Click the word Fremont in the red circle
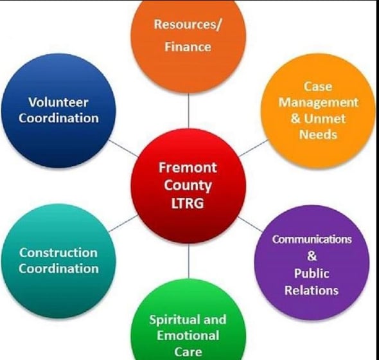[x=188, y=167]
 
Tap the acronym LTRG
[x=188, y=203]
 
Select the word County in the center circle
[x=188, y=186]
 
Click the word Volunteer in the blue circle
[x=58, y=102]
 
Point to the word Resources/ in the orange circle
[x=188, y=24]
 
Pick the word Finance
[x=188, y=47]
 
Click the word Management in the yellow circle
[x=319, y=103]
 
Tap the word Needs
[x=318, y=134]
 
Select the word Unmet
[x=324, y=118]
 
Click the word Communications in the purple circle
[x=312, y=239]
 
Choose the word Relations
[x=312, y=291]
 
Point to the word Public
[x=312, y=273]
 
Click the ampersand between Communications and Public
[x=312, y=256]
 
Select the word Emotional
[x=188, y=336]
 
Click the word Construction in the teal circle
[x=58, y=253]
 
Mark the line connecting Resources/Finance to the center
[x=188, y=111]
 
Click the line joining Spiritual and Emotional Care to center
[x=188, y=261]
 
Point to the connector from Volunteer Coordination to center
[x=123, y=148]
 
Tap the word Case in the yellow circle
[x=318, y=87]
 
